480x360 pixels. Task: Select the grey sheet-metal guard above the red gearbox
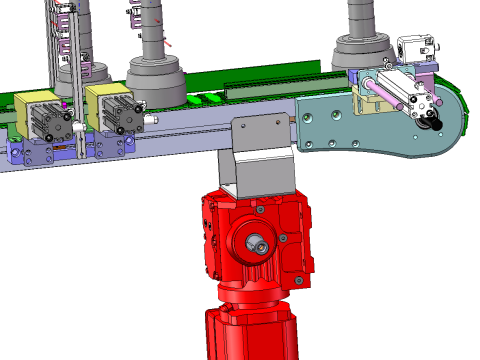(x=262, y=150)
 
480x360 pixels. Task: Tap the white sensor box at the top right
(x=415, y=48)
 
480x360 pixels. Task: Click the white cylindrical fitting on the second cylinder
(x=150, y=119)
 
